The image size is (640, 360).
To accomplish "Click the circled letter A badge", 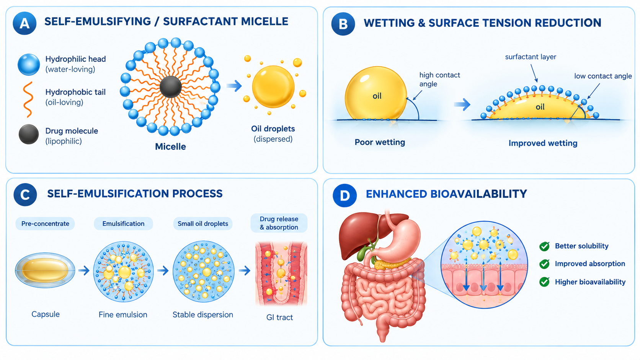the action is [x=24, y=23].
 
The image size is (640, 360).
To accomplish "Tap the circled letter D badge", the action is [x=344, y=195].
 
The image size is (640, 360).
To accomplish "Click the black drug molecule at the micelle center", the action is [x=171, y=87].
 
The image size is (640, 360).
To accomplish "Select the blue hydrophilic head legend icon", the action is [x=29, y=65].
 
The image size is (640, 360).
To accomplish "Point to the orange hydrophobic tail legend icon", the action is [x=28, y=99].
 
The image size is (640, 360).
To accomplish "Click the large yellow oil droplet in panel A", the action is [x=273, y=86].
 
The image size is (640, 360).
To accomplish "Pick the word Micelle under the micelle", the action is [x=170, y=147].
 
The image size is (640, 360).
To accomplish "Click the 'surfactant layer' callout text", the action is [x=531, y=57].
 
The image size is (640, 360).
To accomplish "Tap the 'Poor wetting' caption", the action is [x=380, y=142].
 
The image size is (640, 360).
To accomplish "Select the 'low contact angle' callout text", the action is [x=603, y=76].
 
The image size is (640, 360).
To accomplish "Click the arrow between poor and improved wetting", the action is [x=462, y=104].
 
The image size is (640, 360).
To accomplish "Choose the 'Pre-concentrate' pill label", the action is [x=45, y=223].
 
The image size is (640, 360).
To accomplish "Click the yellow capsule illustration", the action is [x=45, y=270].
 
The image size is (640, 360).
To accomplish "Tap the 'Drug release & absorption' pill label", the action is [x=279, y=223].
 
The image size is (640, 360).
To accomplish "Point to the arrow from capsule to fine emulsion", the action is [x=84, y=270].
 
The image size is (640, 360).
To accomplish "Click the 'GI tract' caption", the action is [x=279, y=317].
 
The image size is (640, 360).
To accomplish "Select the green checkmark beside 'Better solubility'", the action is [x=544, y=246].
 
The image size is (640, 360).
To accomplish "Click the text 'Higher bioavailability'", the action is [x=590, y=282].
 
